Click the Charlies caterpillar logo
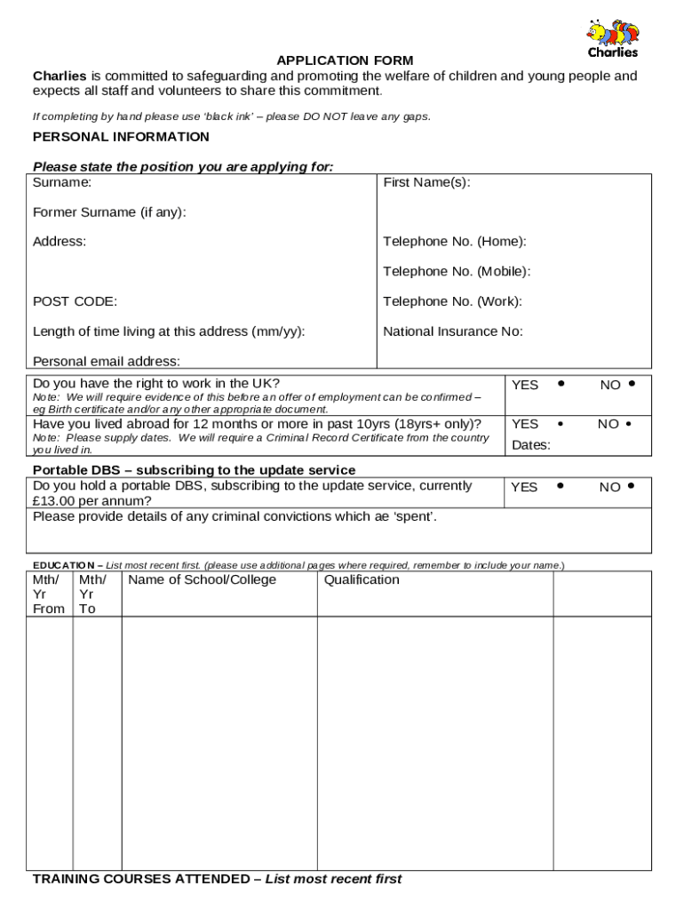click(612, 37)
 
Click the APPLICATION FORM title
click(345, 60)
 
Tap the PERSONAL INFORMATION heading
click(121, 137)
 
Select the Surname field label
click(62, 182)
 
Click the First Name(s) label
click(426, 182)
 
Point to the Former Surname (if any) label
click(109, 212)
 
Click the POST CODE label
click(75, 301)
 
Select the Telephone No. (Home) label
click(454, 242)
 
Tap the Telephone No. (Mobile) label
click(457, 271)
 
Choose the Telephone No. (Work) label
click(452, 301)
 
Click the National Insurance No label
click(453, 331)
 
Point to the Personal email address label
click(107, 361)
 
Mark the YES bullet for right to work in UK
click(561, 384)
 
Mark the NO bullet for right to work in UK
click(631, 384)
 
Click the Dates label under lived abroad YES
click(530, 445)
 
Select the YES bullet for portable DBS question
click(561, 486)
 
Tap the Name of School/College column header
click(203, 580)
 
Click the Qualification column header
click(362, 580)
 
